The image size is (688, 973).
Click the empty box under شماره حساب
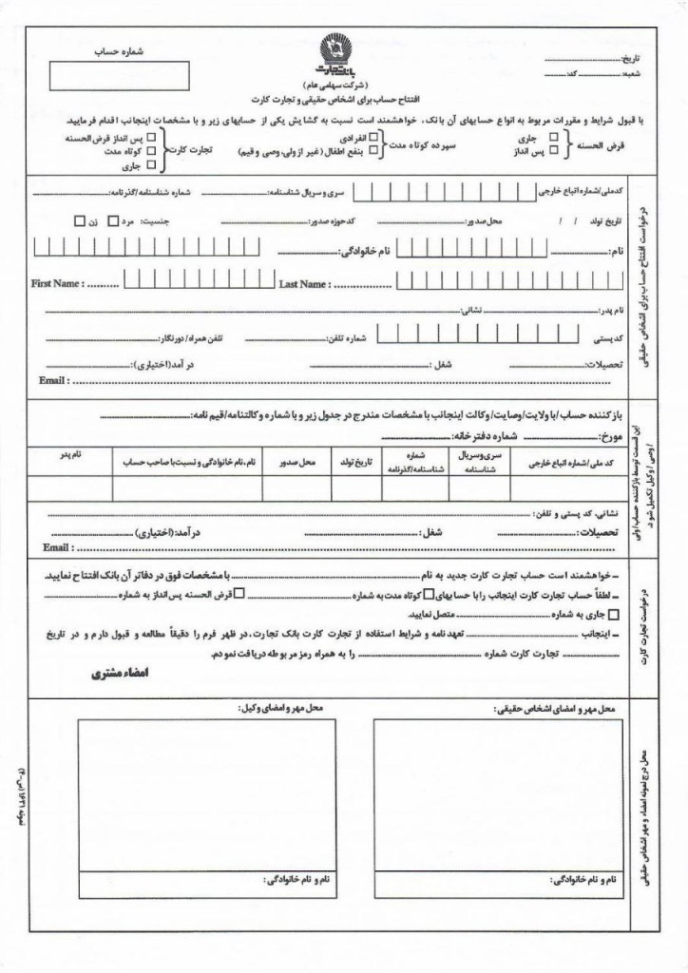click(119, 73)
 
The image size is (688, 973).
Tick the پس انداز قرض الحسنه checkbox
click(154, 137)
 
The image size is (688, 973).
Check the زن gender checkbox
click(79, 220)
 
